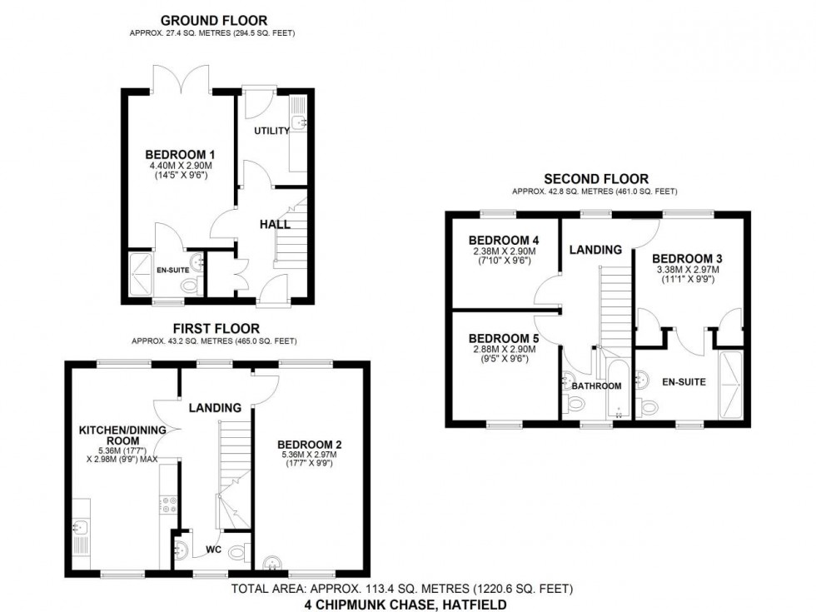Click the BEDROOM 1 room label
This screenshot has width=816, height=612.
pyautogui.click(x=180, y=154)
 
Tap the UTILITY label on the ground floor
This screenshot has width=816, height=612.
pyautogui.click(x=271, y=131)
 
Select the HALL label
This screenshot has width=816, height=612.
pyautogui.click(x=274, y=224)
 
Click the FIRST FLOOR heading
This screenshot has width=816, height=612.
pyautogui.click(x=216, y=329)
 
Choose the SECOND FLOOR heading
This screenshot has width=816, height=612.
pyautogui.click(x=595, y=178)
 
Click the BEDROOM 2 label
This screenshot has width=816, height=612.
pyautogui.click(x=309, y=445)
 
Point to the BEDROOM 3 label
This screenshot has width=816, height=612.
pyautogui.click(x=682, y=259)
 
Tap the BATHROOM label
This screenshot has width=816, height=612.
pyautogui.click(x=596, y=386)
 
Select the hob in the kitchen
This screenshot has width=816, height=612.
pyautogui.click(x=165, y=504)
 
